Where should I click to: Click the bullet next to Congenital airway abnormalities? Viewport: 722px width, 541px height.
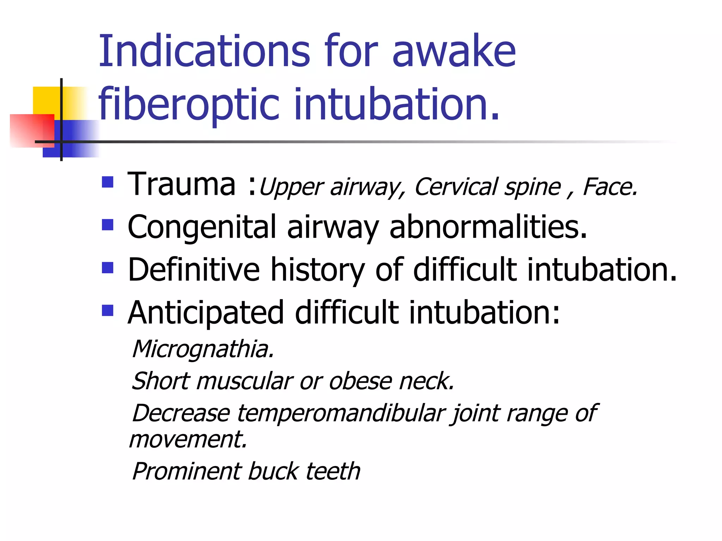[x=108, y=225]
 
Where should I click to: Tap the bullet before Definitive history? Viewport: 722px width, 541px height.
[x=108, y=268]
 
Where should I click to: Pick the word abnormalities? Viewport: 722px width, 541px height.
[x=488, y=227]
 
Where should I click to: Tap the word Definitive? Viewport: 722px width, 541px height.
[x=194, y=270]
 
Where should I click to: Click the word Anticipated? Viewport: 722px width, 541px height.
[x=206, y=313]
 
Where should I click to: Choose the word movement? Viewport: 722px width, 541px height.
[x=188, y=440]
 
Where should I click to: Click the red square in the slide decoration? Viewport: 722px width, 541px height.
[x=32, y=130]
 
